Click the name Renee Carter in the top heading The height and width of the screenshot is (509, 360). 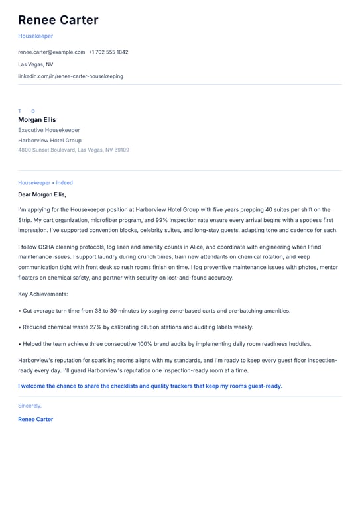[x=58, y=20]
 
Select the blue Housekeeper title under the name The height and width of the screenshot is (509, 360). [x=35, y=36]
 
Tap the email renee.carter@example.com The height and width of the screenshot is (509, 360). [x=51, y=52]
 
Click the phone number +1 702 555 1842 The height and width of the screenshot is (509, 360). [x=109, y=52]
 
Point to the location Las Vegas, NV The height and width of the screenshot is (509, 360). [x=36, y=64]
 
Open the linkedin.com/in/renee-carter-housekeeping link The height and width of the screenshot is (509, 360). [x=70, y=76]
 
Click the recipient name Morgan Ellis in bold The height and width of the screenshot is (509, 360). [x=37, y=120]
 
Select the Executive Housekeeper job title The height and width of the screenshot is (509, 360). [x=49, y=130]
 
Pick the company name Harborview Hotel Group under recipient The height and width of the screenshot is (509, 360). [x=50, y=141]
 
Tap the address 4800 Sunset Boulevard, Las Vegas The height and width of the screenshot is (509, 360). [x=74, y=150]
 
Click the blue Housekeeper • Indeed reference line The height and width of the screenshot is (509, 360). [x=45, y=183]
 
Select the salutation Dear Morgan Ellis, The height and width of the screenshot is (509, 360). [x=42, y=194]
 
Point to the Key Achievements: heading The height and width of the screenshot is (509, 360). [x=43, y=294]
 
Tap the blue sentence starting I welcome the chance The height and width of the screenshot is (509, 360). [x=150, y=386]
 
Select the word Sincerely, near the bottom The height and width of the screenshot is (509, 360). [x=30, y=406]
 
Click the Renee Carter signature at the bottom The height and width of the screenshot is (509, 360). [x=36, y=419]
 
